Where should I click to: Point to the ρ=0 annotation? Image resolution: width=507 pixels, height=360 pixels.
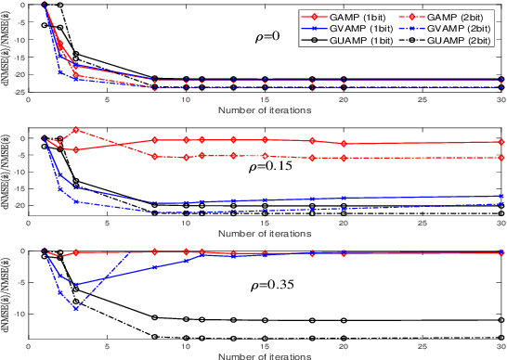click(269, 38)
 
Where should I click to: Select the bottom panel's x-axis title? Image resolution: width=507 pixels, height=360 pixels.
click(266, 355)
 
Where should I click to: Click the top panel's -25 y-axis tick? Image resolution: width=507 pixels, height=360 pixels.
click(21, 91)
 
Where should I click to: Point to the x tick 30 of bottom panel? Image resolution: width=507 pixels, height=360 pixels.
click(500, 345)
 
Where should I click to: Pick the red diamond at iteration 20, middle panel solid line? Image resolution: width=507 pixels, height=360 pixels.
click(344, 144)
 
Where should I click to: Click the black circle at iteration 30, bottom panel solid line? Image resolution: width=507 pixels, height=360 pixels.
click(500, 320)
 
